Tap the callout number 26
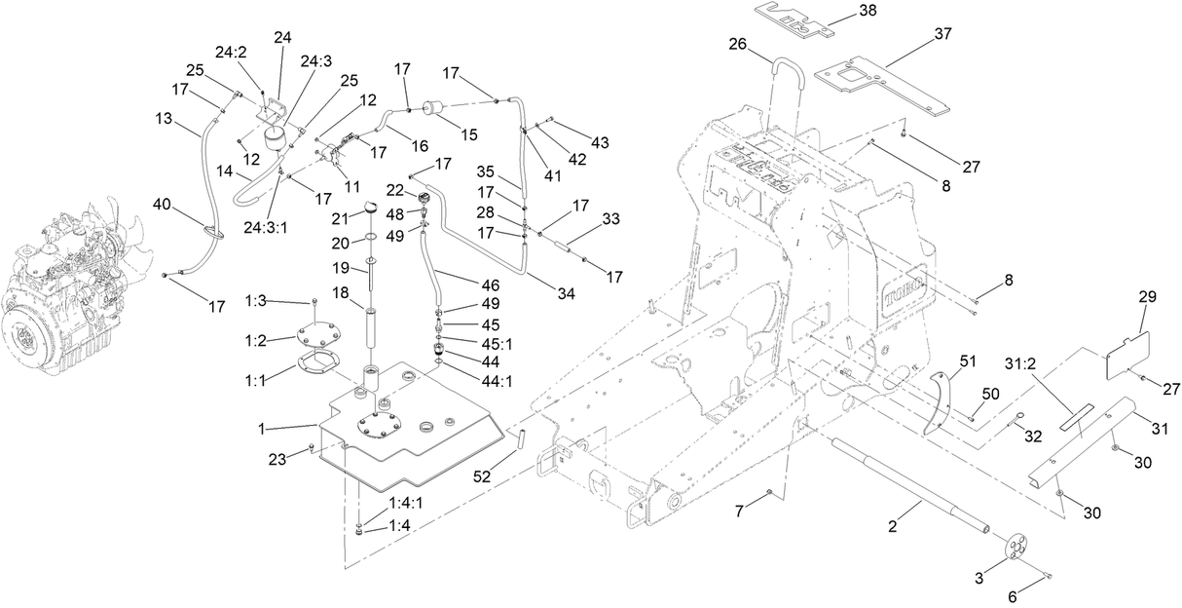click(737, 44)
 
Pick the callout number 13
click(164, 118)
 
